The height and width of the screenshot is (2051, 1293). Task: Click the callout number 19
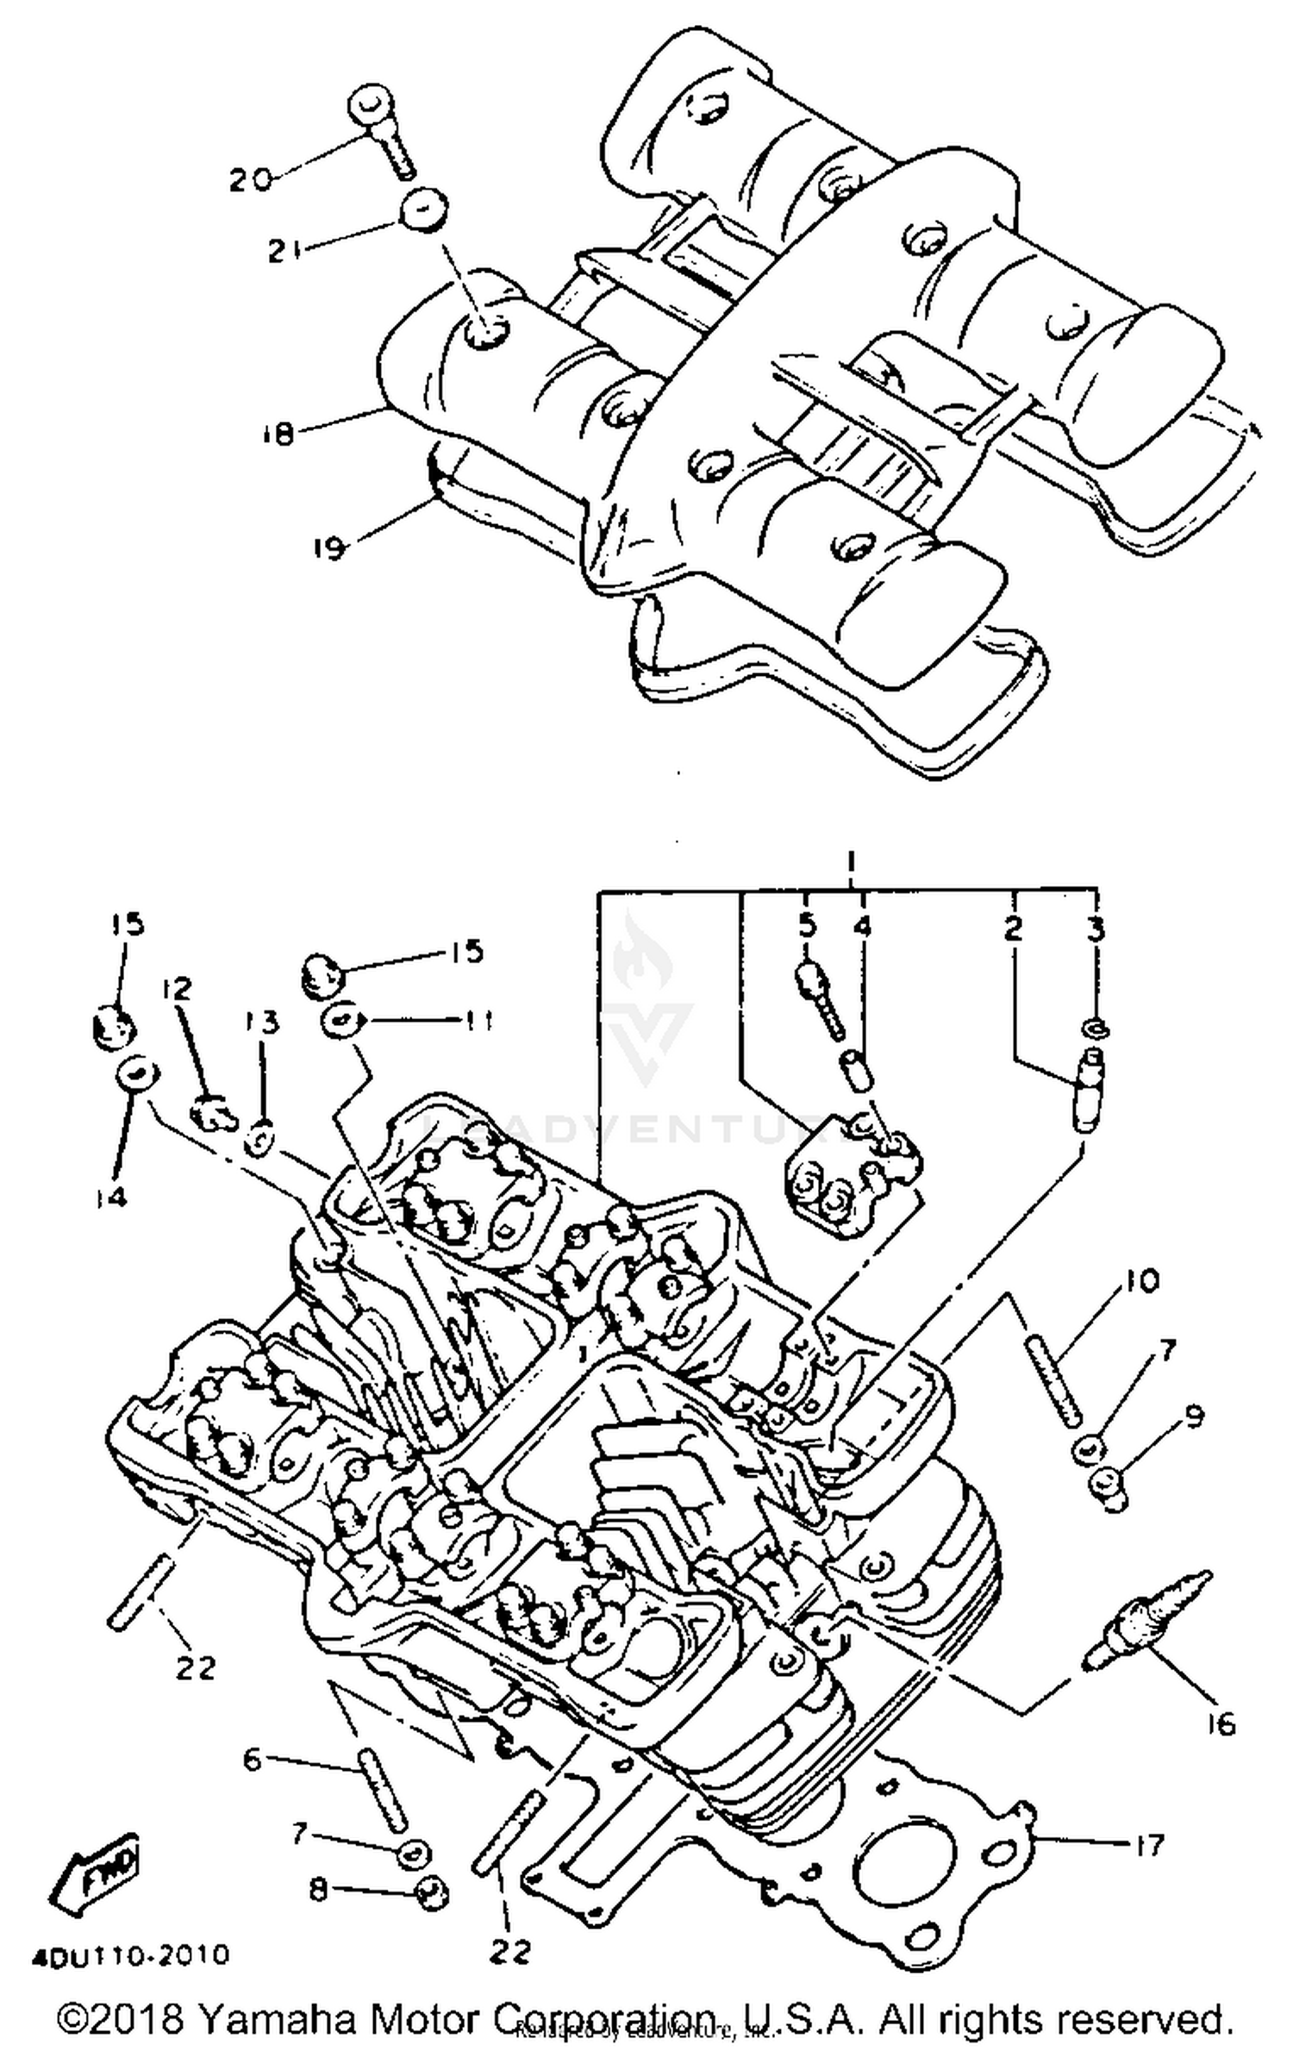[328, 547]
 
